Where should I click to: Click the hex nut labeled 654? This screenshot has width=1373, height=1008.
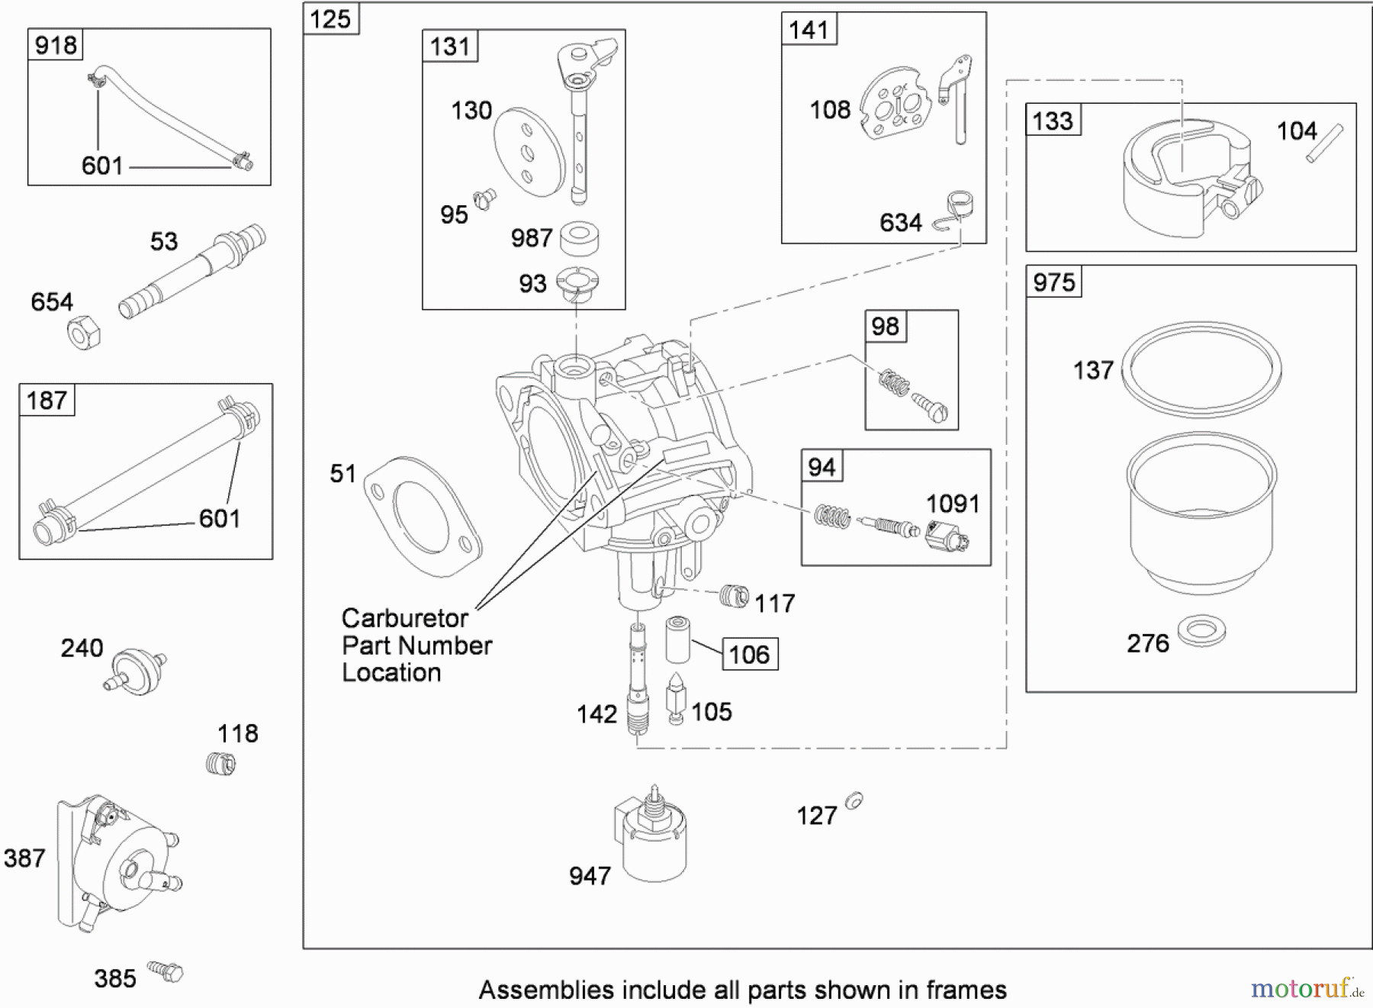pyautogui.click(x=84, y=333)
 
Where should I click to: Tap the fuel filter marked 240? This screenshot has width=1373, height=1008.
pyautogui.click(x=137, y=669)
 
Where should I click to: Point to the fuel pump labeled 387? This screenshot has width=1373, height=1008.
pyautogui.click(x=114, y=862)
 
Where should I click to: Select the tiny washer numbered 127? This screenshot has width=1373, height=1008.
pyautogui.click(x=854, y=800)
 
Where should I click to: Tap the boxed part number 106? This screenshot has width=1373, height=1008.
pyautogui.click(x=750, y=654)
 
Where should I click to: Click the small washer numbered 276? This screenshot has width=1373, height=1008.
pyautogui.click(x=1201, y=630)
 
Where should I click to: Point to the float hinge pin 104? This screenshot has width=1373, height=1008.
pyautogui.click(x=1324, y=143)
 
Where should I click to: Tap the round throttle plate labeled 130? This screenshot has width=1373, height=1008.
pyautogui.click(x=528, y=151)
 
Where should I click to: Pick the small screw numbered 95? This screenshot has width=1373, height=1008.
pyautogui.click(x=484, y=200)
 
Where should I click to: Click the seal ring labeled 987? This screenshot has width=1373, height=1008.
pyautogui.click(x=579, y=238)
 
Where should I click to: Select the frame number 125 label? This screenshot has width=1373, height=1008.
pyautogui.click(x=330, y=19)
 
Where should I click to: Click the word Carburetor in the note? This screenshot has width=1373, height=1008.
pyautogui.click(x=404, y=617)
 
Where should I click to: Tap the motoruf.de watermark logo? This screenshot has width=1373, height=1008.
pyautogui.click(x=1305, y=989)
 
